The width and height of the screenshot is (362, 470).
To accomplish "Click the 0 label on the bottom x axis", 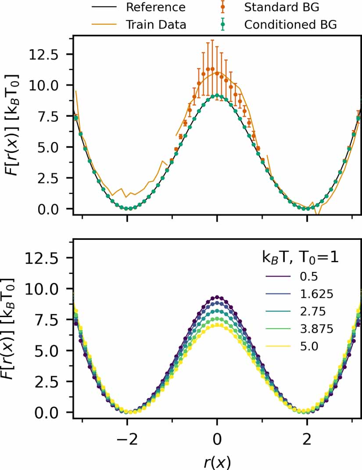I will [217, 440].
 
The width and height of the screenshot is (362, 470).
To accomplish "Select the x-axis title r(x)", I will [216, 462].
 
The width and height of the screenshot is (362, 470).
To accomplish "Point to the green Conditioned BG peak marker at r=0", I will [217, 96].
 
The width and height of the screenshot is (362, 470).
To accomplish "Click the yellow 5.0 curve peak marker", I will [217, 326].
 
